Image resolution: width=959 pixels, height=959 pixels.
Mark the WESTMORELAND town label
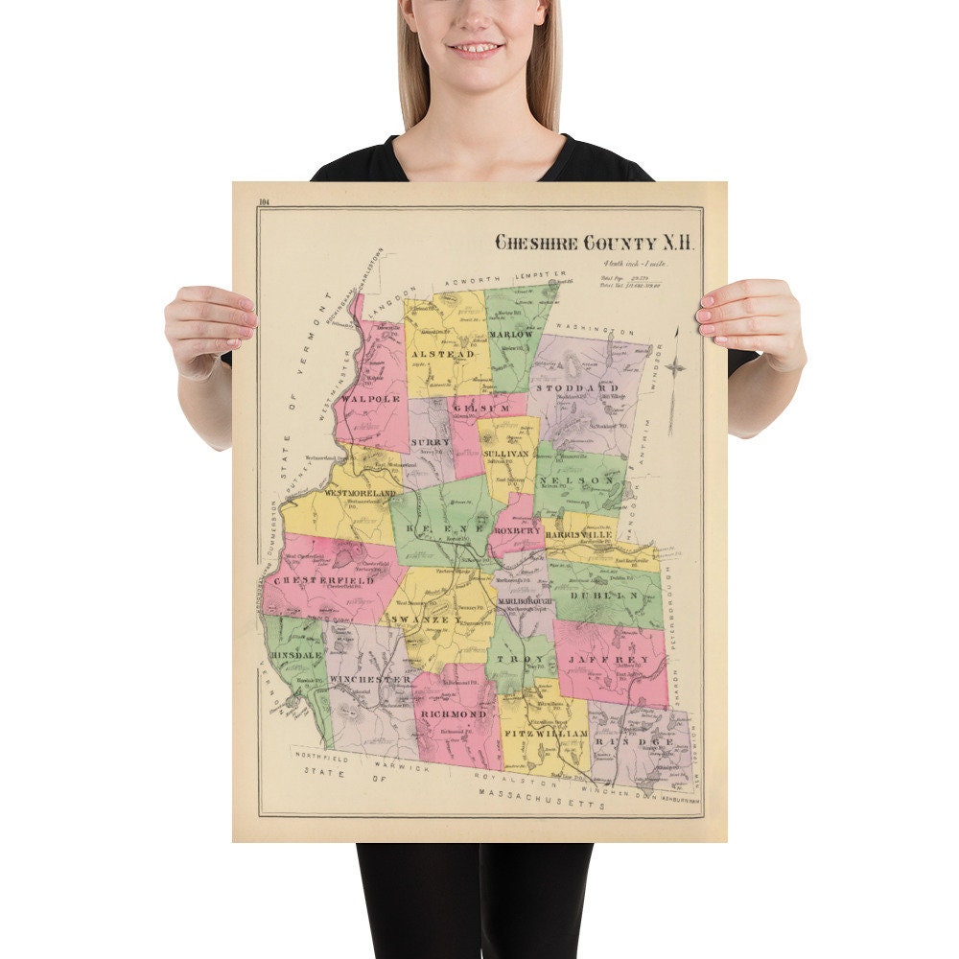click(x=360, y=493)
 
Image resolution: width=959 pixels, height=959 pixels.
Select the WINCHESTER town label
click(x=369, y=679)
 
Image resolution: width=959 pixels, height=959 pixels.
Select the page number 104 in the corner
click(x=266, y=200)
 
